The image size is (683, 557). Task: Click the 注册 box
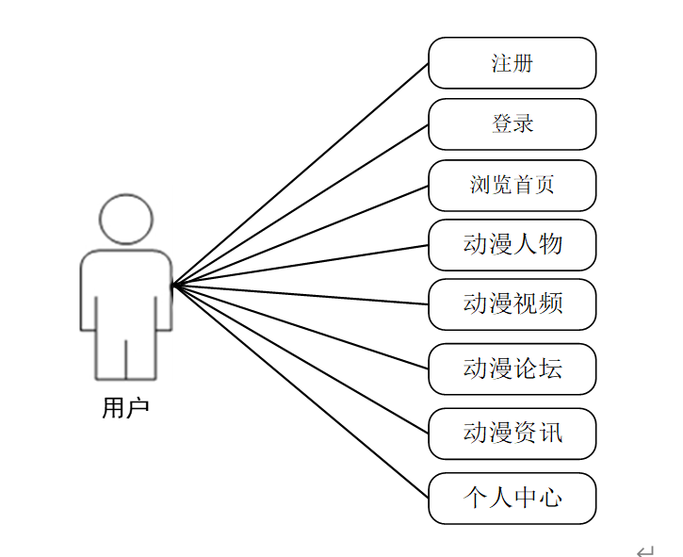click(x=512, y=63)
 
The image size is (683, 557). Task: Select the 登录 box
click(x=512, y=123)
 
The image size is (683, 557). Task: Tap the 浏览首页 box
click(x=512, y=185)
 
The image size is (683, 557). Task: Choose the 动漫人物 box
click(x=512, y=245)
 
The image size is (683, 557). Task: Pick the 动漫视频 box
click(x=512, y=304)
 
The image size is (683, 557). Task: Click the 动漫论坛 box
click(x=512, y=369)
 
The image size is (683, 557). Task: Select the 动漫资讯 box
click(x=512, y=434)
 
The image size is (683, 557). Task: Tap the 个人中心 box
click(x=512, y=498)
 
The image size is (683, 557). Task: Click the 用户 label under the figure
click(x=125, y=408)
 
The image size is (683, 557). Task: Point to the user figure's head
click(x=126, y=219)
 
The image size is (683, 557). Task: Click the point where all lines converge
click(x=173, y=284)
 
